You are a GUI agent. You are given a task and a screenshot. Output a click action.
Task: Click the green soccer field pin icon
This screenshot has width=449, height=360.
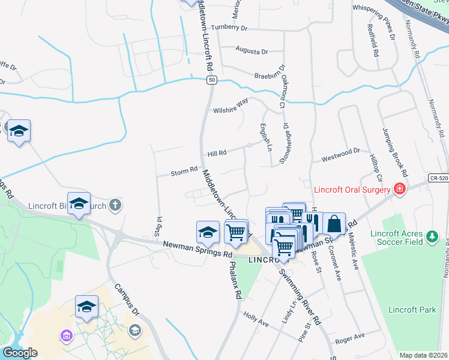[x=432, y=238]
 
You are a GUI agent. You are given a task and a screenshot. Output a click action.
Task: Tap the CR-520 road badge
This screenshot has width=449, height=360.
[x=438, y=178]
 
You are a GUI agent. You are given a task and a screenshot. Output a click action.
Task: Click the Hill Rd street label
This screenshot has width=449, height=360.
[x=217, y=154]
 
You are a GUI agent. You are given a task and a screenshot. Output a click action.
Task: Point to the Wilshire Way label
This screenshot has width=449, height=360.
[x=231, y=106]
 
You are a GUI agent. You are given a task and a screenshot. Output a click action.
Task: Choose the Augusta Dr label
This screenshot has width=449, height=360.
[x=251, y=52]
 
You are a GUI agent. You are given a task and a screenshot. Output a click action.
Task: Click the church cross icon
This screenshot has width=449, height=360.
[x=116, y=206]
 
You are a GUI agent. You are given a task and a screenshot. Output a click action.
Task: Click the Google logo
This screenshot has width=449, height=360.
[x=20, y=353]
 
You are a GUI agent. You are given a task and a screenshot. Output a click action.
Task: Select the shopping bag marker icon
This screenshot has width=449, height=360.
[x=334, y=223]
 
